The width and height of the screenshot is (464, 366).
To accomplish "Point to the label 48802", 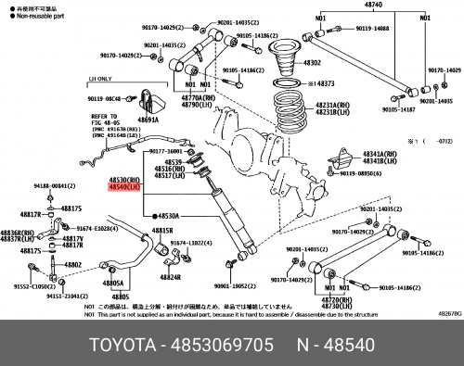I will pos(72,265).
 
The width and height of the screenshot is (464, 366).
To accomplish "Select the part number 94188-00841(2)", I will pos(38,186).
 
